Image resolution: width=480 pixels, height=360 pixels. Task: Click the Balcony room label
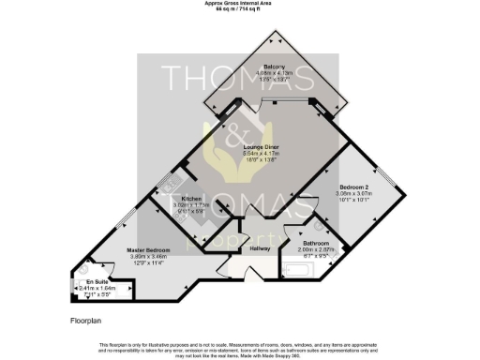tap(274, 67)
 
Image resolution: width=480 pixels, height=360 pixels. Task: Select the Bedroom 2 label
tap(353, 187)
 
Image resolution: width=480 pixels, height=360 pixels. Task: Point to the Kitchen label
tap(192, 199)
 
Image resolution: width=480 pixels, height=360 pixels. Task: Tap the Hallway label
tap(260, 248)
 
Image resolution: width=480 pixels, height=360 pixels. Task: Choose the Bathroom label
tap(316, 243)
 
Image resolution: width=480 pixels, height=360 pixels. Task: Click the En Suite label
tap(96, 281)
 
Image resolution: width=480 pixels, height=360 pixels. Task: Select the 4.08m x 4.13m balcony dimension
tap(274, 74)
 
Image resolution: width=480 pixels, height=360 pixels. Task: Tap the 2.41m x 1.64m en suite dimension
tap(96, 288)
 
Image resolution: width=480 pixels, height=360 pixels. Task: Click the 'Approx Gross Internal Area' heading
tap(240, 4)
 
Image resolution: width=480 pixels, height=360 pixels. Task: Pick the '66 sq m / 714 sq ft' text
tap(240, 9)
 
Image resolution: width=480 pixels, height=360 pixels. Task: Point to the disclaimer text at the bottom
tap(240, 348)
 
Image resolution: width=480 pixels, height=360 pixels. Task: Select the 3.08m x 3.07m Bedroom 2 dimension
tap(353, 193)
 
